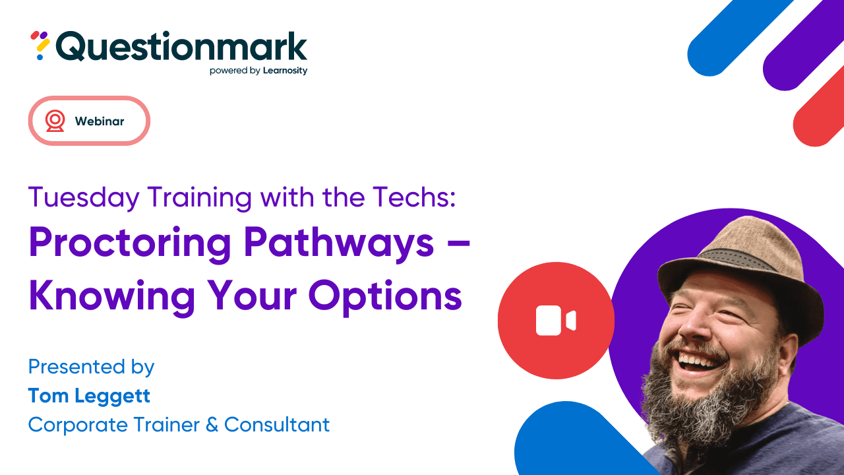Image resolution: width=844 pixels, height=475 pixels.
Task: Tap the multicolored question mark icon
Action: tap(41, 45)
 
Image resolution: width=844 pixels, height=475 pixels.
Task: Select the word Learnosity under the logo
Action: tap(286, 71)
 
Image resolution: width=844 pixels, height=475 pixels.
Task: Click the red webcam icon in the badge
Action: tap(55, 121)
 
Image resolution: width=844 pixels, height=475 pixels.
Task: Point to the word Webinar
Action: tap(100, 121)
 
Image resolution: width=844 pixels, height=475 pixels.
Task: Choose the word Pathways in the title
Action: tap(339, 245)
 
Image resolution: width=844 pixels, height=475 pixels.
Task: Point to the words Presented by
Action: tap(91, 367)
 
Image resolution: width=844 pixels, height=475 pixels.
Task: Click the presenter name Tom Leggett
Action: tap(89, 396)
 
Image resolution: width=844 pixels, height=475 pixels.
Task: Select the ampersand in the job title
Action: tap(212, 425)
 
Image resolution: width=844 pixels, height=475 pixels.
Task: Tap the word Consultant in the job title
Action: tap(277, 425)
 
